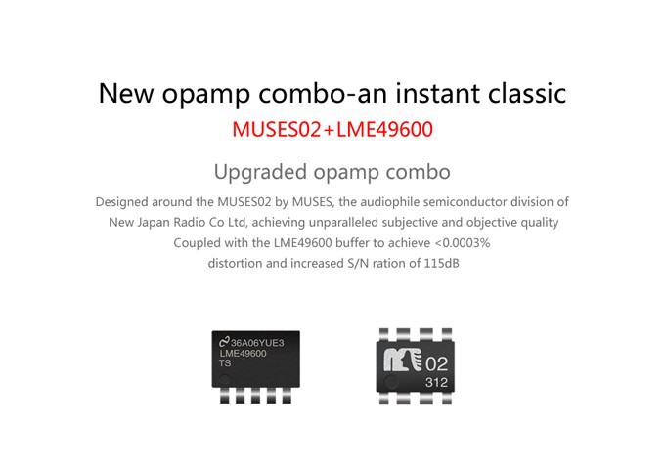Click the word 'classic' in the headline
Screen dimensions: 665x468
tap(527, 93)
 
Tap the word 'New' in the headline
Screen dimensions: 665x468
tap(126, 93)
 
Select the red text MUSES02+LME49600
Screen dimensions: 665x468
tap(332, 129)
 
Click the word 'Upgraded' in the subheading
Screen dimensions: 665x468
tap(260, 172)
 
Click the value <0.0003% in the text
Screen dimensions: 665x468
tap(463, 242)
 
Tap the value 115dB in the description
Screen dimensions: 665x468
tap(441, 263)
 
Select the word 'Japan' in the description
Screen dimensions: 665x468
tap(154, 223)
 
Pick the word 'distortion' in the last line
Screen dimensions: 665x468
tap(235, 263)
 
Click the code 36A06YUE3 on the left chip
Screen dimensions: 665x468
tap(257, 342)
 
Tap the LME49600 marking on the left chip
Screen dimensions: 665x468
tap(243, 354)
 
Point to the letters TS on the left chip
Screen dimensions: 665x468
tap(225, 363)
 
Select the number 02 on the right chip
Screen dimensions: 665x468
tap(436, 363)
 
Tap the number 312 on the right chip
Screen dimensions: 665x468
tap(436, 383)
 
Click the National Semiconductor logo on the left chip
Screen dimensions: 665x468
tap(224, 342)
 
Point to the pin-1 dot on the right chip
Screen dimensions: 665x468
tap(390, 383)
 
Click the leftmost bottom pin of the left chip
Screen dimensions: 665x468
tap(225, 396)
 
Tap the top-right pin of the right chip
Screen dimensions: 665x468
tap(447, 334)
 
